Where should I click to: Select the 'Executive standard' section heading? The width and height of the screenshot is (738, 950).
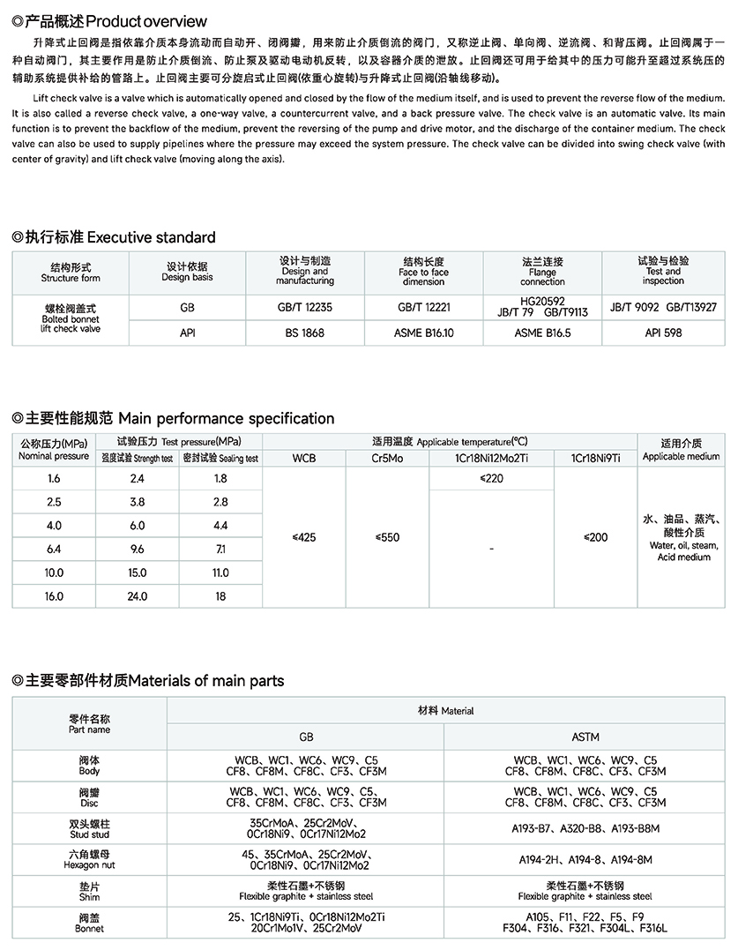(x=114, y=237)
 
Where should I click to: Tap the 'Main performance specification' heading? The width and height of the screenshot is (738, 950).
(x=174, y=418)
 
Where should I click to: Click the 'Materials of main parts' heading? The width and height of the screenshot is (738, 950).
(x=148, y=680)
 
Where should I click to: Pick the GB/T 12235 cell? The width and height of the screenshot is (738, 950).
(x=304, y=308)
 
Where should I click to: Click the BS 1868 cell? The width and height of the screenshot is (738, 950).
(x=304, y=333)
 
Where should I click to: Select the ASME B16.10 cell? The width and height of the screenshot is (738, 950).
(x=423, y=333)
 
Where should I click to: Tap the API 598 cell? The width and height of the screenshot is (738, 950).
(x=663, y=333)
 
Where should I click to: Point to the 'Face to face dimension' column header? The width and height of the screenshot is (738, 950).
(x=423, y=272)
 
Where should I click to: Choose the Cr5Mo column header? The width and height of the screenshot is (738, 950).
(x=387, y=458)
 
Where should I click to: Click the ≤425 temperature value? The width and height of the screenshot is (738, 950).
(x=303, y=537)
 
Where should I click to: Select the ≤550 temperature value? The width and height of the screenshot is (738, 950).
(x=387, y=537)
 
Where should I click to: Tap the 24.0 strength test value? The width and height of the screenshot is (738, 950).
(x=137, y=596)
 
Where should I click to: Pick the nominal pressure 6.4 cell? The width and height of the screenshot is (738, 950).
(x=54, y=549)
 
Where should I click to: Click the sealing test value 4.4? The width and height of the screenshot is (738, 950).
(x=220, y=526)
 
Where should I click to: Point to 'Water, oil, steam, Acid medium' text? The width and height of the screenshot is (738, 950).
(x=683, y=551)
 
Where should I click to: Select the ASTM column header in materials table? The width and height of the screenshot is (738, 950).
(x=585, y=737)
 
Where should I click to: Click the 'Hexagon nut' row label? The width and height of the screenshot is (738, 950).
(x=89, y=860)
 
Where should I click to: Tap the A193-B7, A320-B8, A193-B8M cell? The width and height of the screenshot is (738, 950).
(x=585, y=829)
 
